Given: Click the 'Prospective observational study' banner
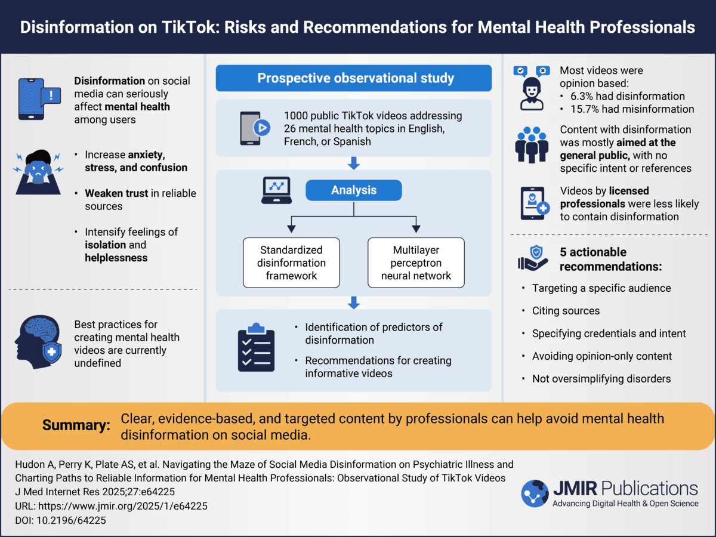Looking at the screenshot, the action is click(x=354, y=78).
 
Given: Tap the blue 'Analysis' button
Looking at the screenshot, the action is click(x=354, y=190).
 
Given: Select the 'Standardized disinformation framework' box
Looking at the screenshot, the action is click(x=291, y=263).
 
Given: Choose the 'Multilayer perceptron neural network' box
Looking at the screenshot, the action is click(x=416, y=263).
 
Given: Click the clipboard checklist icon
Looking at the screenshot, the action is click(x=256, y=347).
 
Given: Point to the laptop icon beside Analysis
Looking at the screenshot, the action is click(x=277, y=190).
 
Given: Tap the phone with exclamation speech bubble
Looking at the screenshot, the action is click(x=39, y=99).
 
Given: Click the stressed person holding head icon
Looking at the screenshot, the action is click(x=38, y=172).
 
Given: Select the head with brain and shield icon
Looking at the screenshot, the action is click(x=38, y=342).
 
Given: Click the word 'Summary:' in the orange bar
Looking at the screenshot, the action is click(x=76, y=425).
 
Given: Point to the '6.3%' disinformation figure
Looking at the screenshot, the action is click(x=582, y=96).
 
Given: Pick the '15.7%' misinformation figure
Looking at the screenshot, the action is click(x=585, y=109).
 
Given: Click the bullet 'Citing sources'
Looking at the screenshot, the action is click(x=566, y=311).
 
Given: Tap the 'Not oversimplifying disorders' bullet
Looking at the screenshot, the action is click(x=601, y=378).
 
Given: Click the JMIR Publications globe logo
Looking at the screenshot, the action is click(x=535, y=493).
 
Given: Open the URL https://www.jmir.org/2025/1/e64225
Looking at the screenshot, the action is click(x=123, y=506).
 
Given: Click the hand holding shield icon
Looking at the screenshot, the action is click(x=533, y=258).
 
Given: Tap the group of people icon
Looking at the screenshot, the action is click(x=532, y=144).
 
